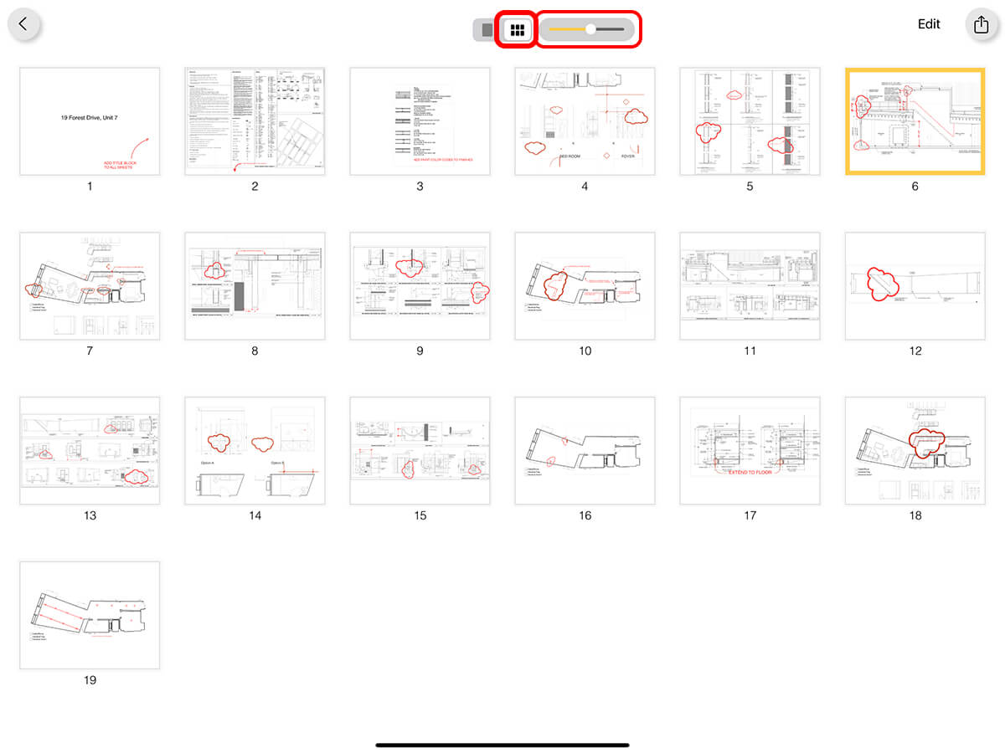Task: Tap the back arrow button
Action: coord(23,24)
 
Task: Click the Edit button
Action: coord(929,24)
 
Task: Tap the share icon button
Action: coord(981,24)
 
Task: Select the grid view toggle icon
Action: coord(517,30)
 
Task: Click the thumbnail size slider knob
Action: coord(590,29)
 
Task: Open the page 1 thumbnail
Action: coord(90,121)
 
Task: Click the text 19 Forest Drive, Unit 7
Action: coord(90,119)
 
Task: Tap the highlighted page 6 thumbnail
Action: coord(915,122)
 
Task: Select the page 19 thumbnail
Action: coord(90,615)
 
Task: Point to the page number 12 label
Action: coord(915,351)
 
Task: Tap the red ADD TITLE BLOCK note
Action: coord(118,166)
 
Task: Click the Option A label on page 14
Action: coord(207,463)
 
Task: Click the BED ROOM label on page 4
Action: coord(570,156)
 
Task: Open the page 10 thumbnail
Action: coord(585,286)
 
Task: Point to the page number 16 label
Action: coord(585,515)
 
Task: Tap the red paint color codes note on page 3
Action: coord(441,159)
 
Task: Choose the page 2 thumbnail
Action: coord(255,121)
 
